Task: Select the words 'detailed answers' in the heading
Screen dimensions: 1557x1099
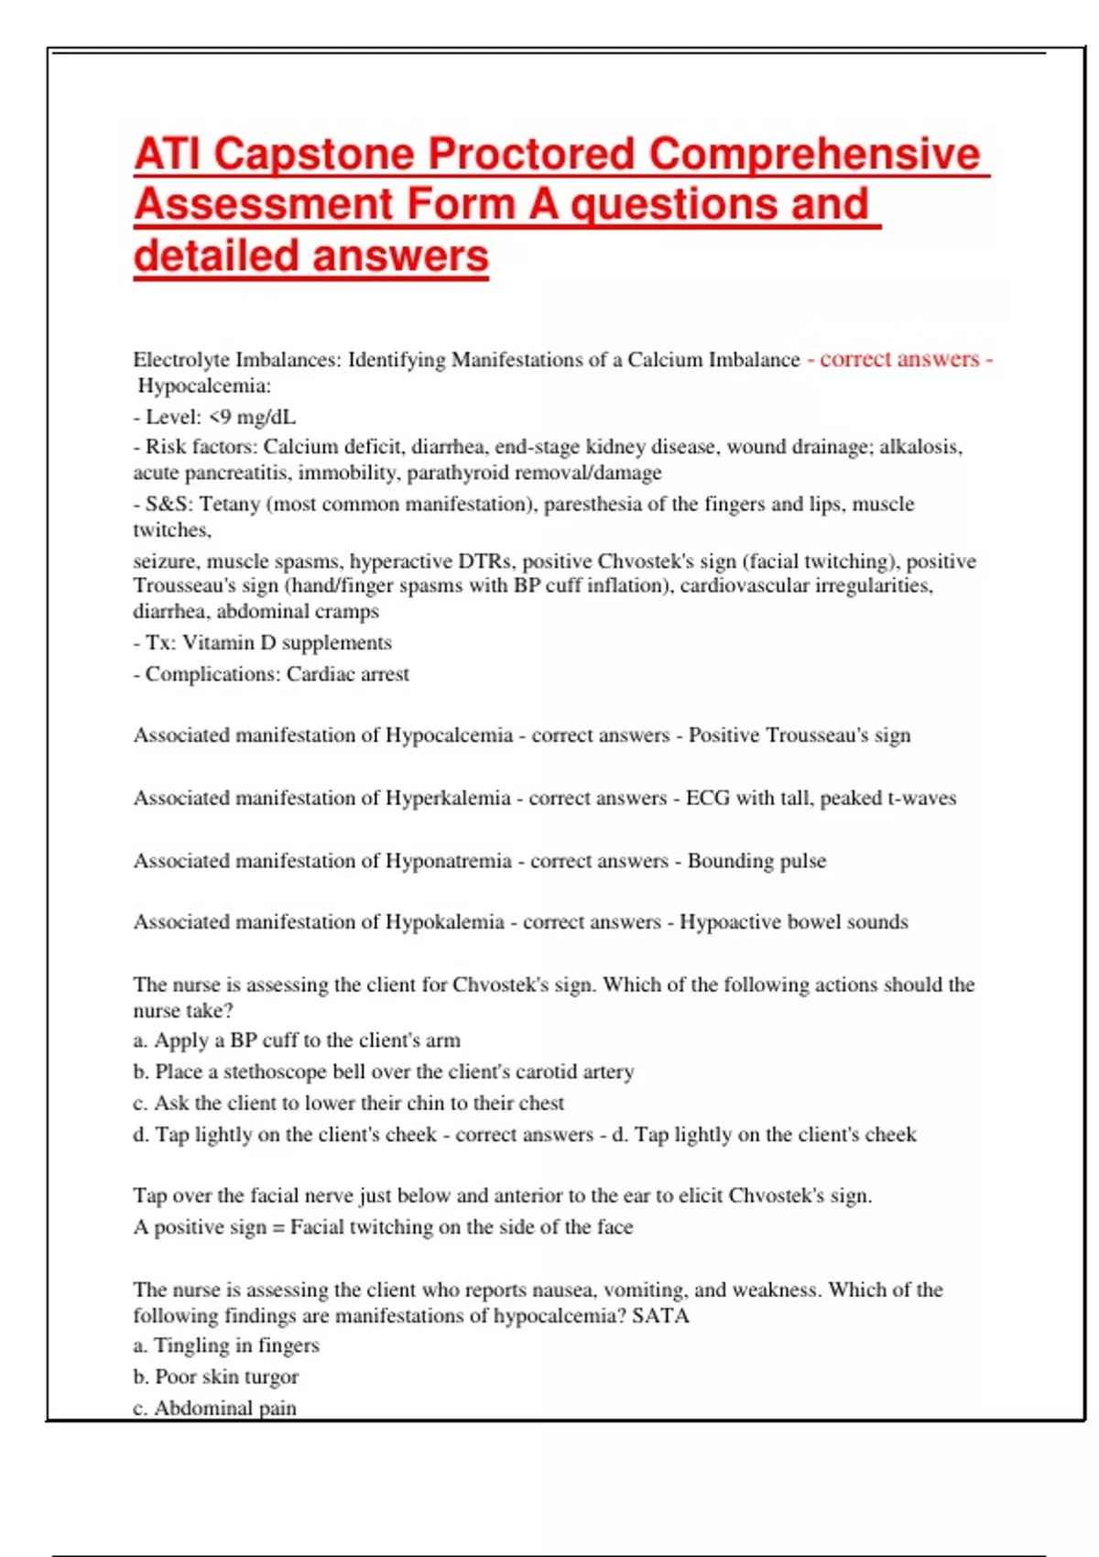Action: click(x=310, y=256)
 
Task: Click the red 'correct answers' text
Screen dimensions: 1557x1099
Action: click(x=899, y=359)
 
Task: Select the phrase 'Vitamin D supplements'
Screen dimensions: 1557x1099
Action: click(x=287, y=643)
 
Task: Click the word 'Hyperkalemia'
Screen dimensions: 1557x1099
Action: click(x=447, y=798)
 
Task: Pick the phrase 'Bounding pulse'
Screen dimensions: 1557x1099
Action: click(x=756, y=861)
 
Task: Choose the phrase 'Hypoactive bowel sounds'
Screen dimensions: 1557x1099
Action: click(x=793, y=922)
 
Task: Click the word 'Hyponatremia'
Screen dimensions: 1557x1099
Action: click(x=448, y=861)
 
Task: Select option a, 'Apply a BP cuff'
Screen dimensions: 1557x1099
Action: click(x=297, y=1040)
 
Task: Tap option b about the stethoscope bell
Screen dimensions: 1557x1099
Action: click(x=383, y=1072)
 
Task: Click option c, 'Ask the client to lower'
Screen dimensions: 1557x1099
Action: click(x=348, y=1103)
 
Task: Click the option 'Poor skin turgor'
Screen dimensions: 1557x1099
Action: click(x=216, y=1377)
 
